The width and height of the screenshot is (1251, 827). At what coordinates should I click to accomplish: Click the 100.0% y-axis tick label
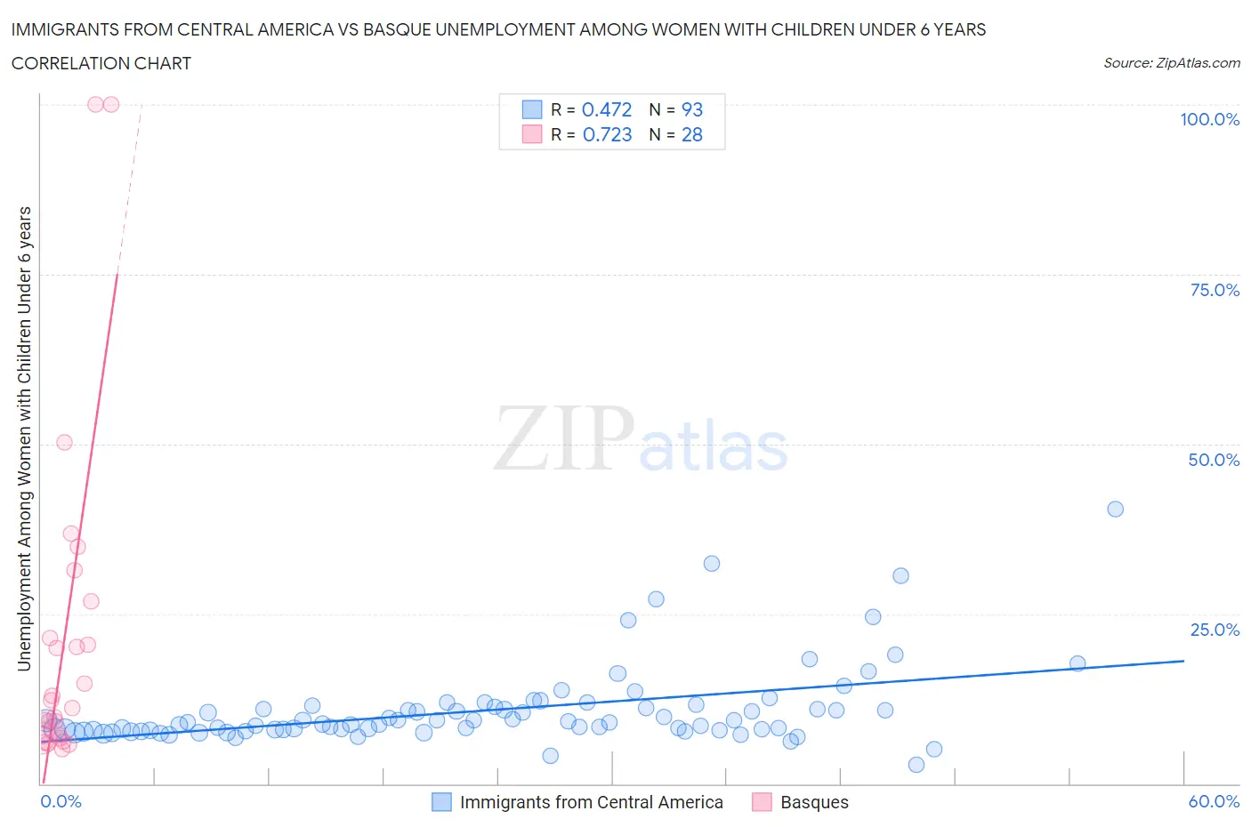[1209, 119]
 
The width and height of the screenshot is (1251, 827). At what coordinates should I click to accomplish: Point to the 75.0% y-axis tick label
[1214, 290]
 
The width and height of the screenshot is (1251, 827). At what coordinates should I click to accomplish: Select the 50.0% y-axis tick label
[1214, 460]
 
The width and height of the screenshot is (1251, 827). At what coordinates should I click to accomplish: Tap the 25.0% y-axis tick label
[1214, 630]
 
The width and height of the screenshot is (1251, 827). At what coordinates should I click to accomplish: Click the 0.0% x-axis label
[61, 801]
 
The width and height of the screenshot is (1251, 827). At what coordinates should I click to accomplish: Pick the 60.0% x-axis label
[1214, 801]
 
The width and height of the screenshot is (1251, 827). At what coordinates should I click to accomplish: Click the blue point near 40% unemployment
[1115, 509]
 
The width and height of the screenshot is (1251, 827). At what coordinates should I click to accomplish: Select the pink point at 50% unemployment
[64, 442]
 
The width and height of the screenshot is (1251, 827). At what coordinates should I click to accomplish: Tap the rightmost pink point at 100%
[111, 104]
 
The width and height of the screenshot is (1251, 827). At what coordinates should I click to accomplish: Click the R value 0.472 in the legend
[606, 109]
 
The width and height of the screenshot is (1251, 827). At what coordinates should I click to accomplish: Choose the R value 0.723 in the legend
[607, 134]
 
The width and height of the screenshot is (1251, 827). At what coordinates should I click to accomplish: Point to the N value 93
[691, 109]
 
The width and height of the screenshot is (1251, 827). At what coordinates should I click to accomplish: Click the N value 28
[691, 134]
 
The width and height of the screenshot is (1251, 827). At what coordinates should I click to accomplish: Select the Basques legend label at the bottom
[814, 802]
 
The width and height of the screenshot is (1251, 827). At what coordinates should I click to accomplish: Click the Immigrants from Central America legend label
[591, 802]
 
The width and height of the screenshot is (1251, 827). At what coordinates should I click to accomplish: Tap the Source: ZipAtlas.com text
[1171, 62]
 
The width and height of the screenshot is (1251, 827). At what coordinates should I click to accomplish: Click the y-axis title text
[24, 438]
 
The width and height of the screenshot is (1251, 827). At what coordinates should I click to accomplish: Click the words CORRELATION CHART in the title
[101, 63]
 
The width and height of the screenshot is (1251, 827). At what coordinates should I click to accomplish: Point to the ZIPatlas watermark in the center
[641, 438]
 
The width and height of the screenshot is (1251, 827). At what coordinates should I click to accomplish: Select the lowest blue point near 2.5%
[916, 765]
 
